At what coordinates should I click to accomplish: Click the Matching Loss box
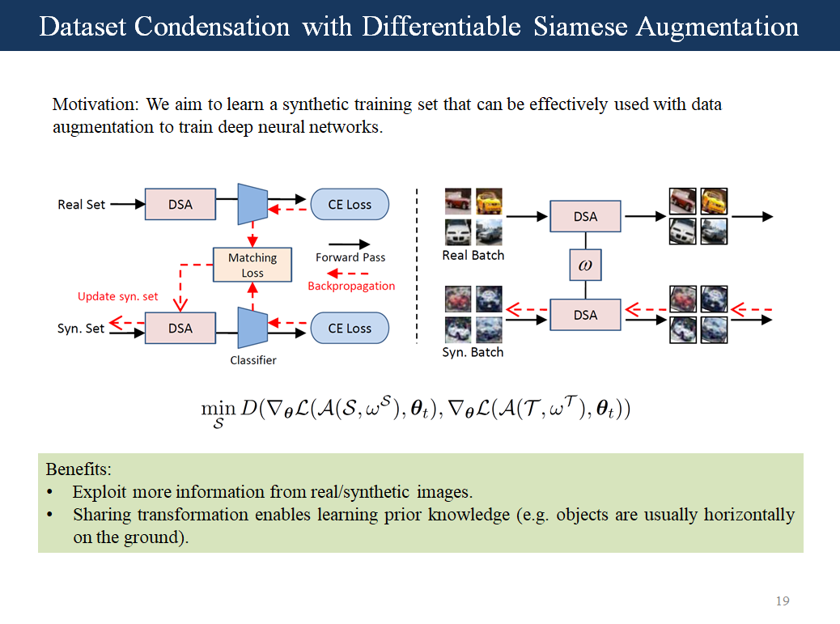[x=252, y=265]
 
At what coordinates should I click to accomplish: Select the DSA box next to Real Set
[x=180, y=205]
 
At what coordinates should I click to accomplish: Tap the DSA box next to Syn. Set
[x=180, y=328]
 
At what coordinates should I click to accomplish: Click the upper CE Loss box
[x=350, y=205]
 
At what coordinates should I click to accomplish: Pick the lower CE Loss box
[x=350, y=328]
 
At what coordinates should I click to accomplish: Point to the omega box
[x=585, y=265]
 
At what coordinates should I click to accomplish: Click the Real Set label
[x=81, y=205]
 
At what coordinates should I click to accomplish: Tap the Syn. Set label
[x=81, y=329]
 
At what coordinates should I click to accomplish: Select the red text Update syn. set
[x=118, y=296]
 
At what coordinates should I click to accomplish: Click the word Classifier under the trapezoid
[x=253, y=360]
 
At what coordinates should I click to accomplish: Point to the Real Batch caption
[x=473, y=256]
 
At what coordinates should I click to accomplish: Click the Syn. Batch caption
[x=473, y=353]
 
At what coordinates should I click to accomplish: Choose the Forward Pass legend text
[x=350, y=257]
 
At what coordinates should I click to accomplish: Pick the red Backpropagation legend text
[x=351, y=286]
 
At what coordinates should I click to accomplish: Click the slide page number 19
[x=782, y=601]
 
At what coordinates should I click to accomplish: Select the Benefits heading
[x=78, y=469]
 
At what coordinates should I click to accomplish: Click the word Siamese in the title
[x=580, y=27]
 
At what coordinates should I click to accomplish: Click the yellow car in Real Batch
[x=489, y=202]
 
